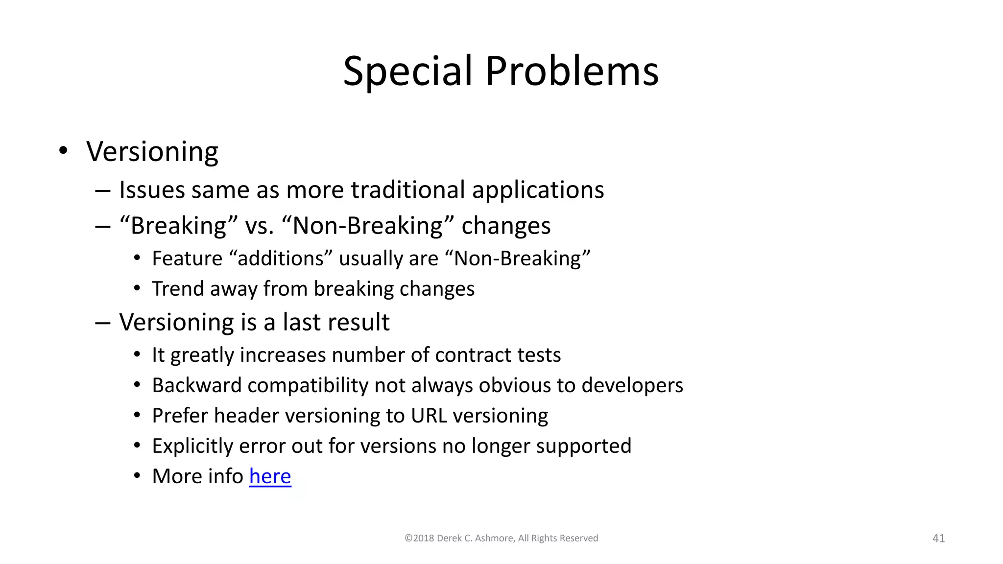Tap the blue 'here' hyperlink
(270, 476)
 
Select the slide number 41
(938, 538)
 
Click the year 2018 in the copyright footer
(423, 538)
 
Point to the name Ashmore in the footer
(494, 538)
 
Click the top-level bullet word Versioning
(152, 152)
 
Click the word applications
(538, 190)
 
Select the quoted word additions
(280, 258)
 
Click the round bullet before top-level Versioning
(63, 151)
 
